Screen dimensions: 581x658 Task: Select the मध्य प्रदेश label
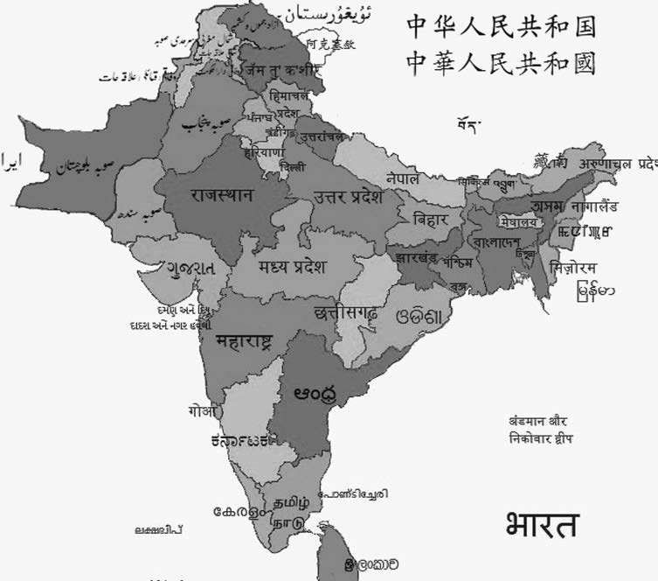[291, 266]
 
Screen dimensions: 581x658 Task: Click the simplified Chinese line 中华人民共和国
[501, 27]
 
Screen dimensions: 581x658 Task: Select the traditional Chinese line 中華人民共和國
[501, 63]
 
